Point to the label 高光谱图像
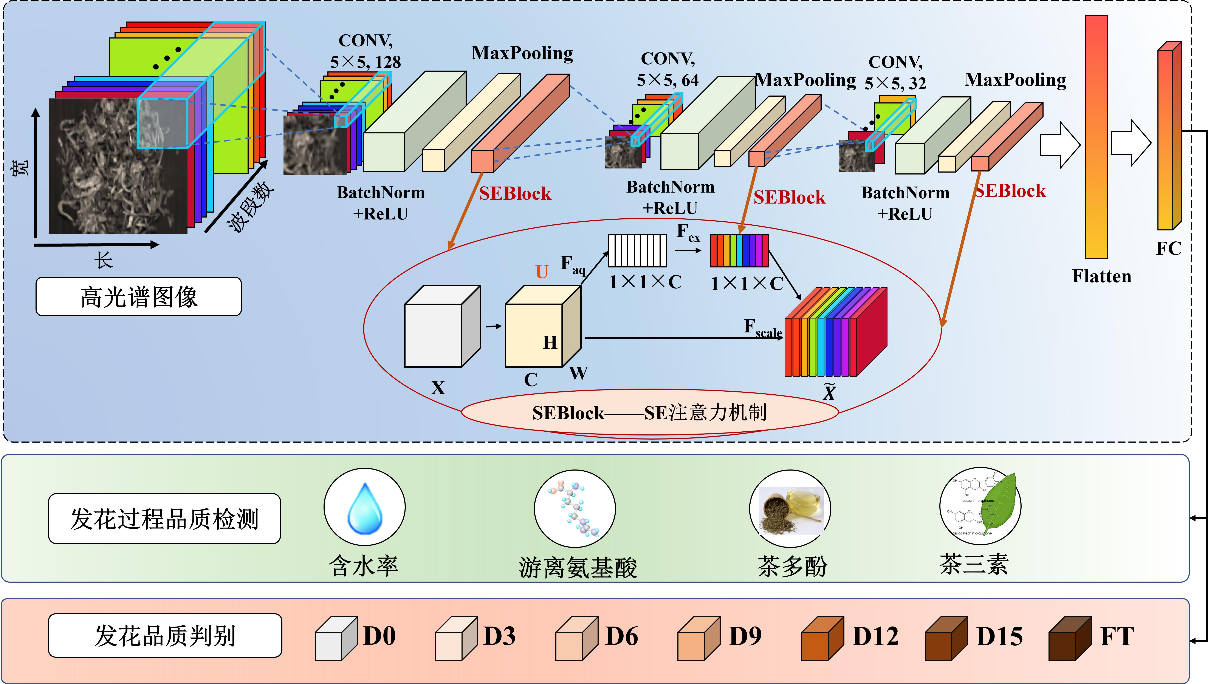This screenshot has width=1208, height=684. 139,297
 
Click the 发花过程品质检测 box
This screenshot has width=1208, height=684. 164,519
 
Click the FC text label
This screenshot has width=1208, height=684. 1169,248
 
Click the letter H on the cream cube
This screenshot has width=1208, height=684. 550,343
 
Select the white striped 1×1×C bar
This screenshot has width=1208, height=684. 637,250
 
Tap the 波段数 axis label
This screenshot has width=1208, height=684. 250,207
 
